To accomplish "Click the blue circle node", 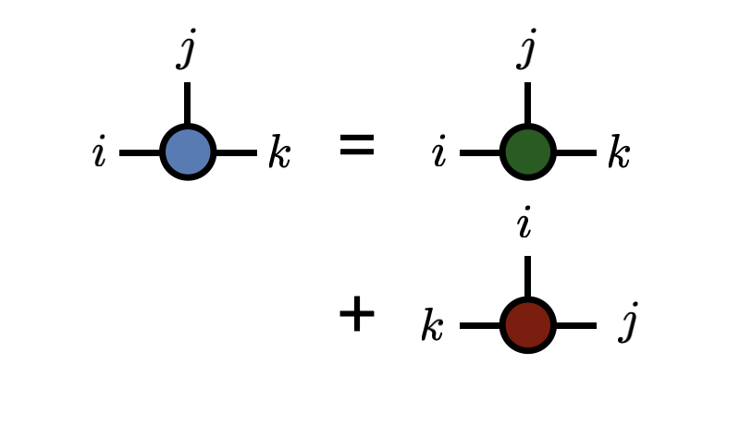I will tap(188, 152).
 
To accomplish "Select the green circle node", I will tap(527, 152).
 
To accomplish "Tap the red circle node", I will tap(527, 325).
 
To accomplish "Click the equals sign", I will tap(356, 145).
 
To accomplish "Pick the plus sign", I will tap(356, 314).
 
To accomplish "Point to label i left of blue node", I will tap(99, 153).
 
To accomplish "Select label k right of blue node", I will tap(278, 153).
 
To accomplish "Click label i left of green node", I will tap(438, 153).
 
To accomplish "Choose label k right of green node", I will tap(618, 153).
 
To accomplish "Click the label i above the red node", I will tap(525, 225).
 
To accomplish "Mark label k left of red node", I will tap(432, 326).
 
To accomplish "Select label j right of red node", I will tap(629, 323).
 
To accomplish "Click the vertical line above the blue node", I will tap(187, 103).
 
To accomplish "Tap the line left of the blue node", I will tap(140, 152).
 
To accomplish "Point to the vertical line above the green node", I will tap(527, 103).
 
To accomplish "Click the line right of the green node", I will tap(575, 152).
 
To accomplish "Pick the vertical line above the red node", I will tap(527, 276).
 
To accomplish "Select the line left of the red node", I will tap(480, 325).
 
